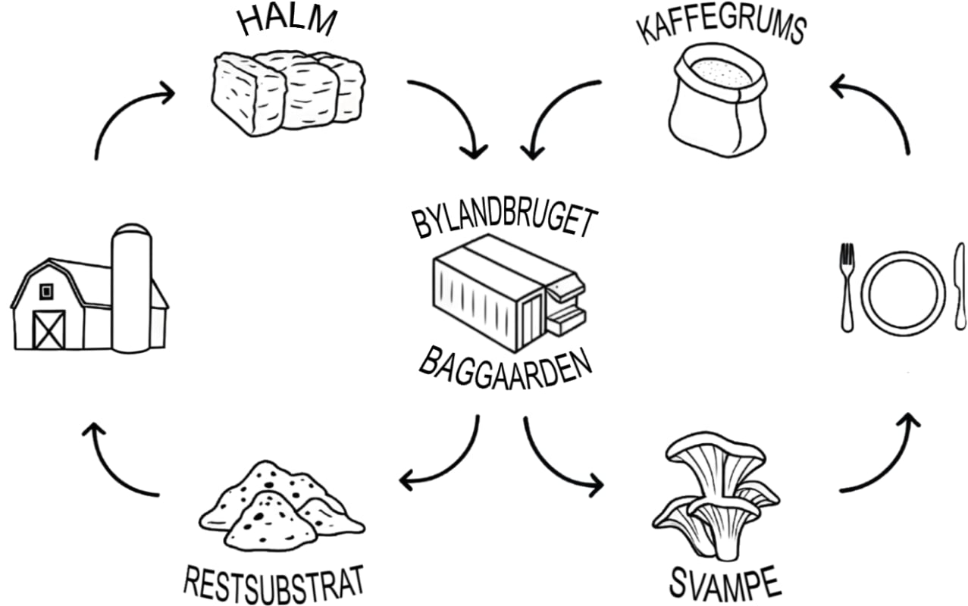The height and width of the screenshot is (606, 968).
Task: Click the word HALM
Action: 287,21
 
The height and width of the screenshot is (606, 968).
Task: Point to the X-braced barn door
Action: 49,329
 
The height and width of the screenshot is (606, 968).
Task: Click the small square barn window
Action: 46,291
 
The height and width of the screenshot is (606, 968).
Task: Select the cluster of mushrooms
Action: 713,492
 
